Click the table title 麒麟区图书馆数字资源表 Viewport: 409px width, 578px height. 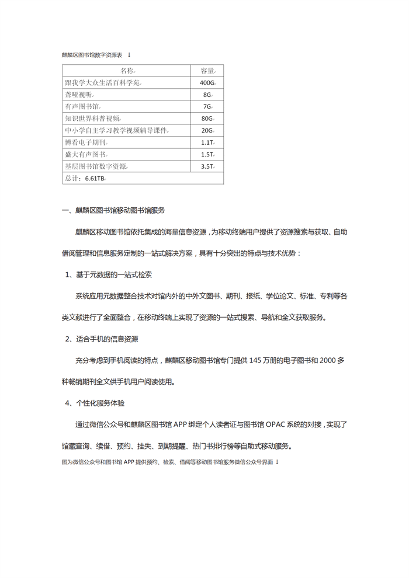[92, 55]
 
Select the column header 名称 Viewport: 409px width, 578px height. [127, 71]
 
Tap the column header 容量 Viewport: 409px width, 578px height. [207, 71]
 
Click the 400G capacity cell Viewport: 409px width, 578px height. [207, 83]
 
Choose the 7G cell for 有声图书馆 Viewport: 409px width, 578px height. [207, 107]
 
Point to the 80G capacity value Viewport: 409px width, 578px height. [207, 119]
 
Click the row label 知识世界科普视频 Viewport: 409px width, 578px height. [93, 119]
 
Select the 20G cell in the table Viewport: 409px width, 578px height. [207, 130]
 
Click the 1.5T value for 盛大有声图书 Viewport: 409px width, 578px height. [207, 155]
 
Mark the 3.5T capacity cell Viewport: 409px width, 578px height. [207, 166]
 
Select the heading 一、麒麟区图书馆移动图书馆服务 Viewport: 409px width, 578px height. [116, 211]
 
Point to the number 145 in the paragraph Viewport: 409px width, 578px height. [257, 361]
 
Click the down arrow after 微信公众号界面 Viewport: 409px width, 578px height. [277, 461]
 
